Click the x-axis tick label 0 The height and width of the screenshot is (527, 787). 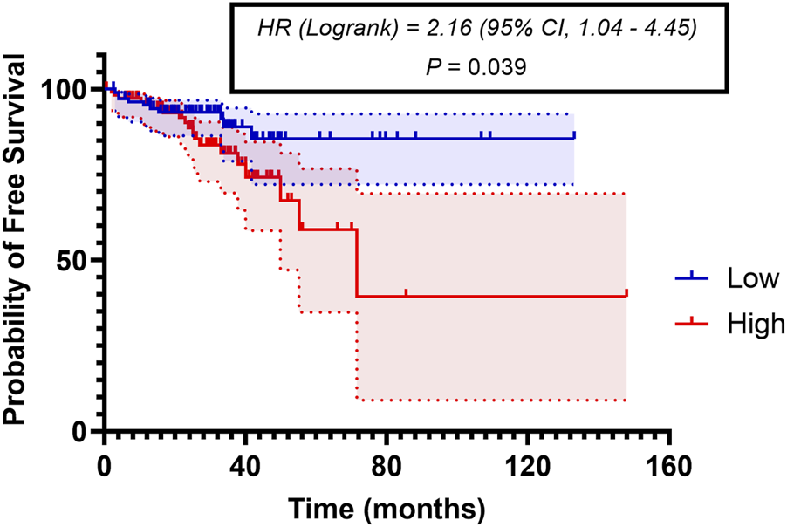(104, 463)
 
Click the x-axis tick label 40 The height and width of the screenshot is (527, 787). (245, 463)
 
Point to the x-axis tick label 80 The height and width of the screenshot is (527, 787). (387, 463)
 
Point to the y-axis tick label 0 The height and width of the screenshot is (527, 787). (83, 431)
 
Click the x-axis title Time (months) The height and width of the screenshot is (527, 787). (387, 506)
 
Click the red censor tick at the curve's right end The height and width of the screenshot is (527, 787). (626, 293)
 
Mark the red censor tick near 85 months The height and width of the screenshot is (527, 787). (406, 292)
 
